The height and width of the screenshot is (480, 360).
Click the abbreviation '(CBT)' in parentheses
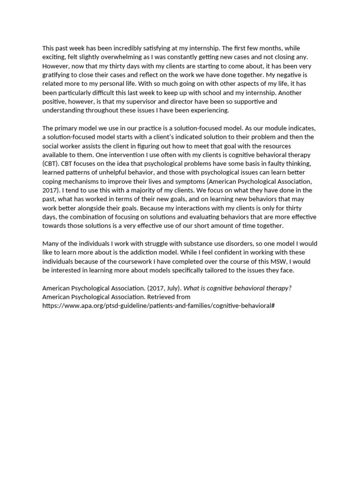click(x=51, y=164)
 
